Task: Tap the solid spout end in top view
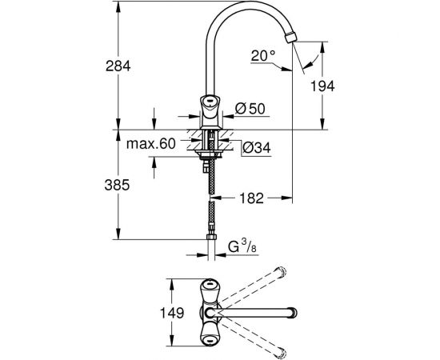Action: pos(291,311)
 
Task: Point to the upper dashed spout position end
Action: pos(280,273)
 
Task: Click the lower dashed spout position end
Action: pos(280,350)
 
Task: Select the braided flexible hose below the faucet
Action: pos(210,200)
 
